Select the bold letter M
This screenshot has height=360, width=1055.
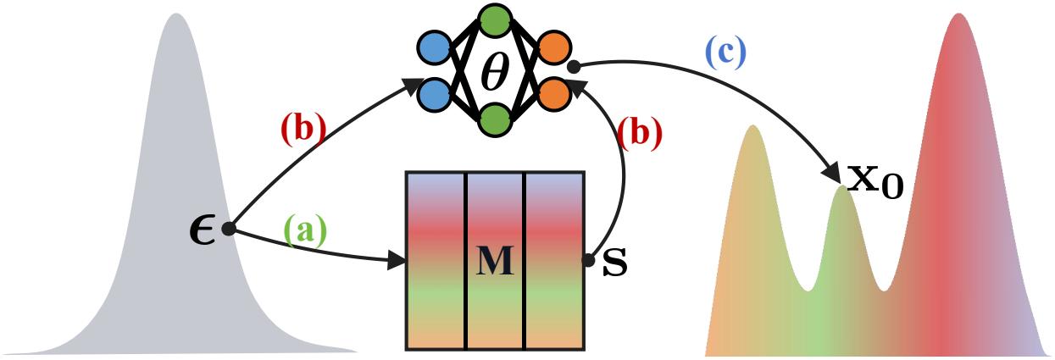coord(495,262)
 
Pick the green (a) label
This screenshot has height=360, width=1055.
coord(304,231)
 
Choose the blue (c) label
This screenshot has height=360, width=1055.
coord(725,53)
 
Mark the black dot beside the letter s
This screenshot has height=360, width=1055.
coord(588,262)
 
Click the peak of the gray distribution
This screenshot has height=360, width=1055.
coord(176,17)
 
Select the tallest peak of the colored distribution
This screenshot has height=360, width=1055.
coord(958,17)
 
